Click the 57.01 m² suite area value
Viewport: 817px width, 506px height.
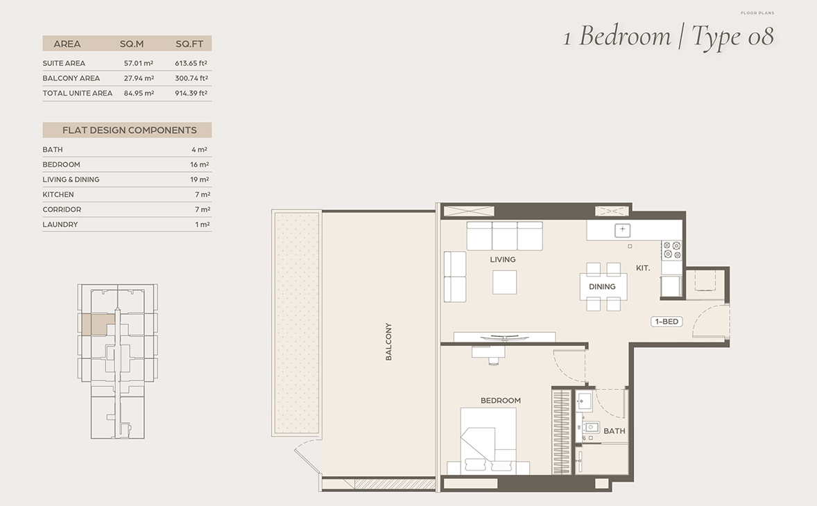click(139, 63)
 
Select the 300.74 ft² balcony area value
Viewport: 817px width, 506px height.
click(191, 78)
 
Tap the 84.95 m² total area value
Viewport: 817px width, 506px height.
click(139, 93)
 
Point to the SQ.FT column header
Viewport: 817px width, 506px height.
click(189, 44)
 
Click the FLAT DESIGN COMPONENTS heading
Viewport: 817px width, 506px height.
click(129, 130)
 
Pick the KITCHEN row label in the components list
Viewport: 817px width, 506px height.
click(58, 194)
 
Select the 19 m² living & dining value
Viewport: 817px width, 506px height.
click(200, 180)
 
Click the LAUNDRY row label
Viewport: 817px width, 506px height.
click(60, 225)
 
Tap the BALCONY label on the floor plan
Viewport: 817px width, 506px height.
click(388, 342)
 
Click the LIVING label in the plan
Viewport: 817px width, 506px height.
click(502, 259)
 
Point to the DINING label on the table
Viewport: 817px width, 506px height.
click(602, 286)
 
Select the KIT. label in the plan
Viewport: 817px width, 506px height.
click(642, 268)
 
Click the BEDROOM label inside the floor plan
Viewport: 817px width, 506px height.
click(500, 401)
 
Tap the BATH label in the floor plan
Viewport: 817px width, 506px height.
click(614, 431)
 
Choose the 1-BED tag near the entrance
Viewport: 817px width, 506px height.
click(666, 322)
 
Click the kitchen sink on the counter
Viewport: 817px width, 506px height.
click(622, 229)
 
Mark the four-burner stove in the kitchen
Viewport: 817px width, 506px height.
click(671, 250)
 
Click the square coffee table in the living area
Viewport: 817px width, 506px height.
click(504, 281)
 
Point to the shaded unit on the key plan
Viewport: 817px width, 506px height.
click(97, 324)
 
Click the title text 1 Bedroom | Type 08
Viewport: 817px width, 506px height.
click(669, 36)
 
